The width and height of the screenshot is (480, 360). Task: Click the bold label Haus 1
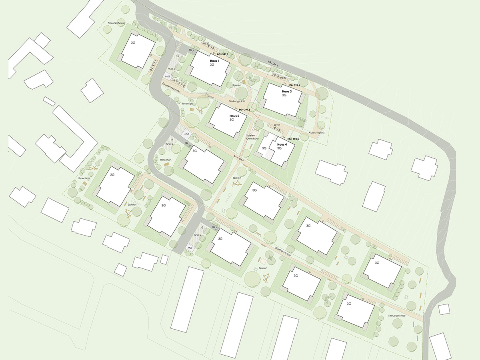(x=214, y=61)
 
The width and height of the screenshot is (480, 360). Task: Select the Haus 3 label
(x=286, y=92)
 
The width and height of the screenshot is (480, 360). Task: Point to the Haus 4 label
(x=282, y=144)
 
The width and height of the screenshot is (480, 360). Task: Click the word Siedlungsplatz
(x=238, y=102)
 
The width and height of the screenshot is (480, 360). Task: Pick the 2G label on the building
(x=112, y=175)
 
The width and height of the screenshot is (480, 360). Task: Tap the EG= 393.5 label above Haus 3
(x=296, y=86)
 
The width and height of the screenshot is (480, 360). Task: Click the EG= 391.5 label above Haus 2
(x=244, y=110)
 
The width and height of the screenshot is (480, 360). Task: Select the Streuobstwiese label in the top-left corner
(x=116, y=24)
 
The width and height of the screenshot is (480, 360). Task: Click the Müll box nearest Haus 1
(x=168, y=76)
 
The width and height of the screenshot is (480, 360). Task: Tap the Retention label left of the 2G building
(x=84, y=178)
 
